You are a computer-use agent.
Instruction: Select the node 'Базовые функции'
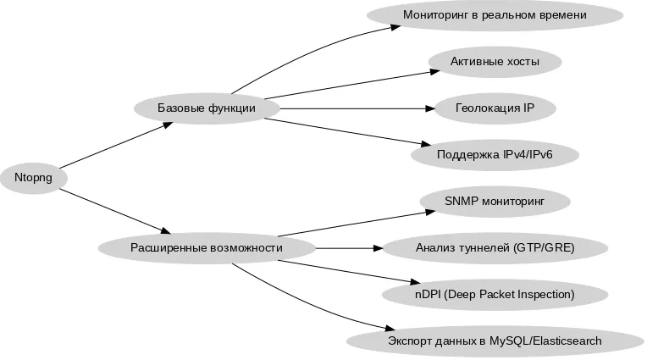(x=207, y=108)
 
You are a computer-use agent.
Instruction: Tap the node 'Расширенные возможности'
(x=207, y=247)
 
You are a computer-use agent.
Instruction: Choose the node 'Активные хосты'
(x=495, y=62)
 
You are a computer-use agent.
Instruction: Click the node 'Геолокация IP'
(x=495, y=108)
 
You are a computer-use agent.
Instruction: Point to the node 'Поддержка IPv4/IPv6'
(x=495, y=155)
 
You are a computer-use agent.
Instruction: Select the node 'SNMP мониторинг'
(x=495, y=202)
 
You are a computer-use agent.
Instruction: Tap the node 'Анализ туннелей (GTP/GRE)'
(x=495, y=247)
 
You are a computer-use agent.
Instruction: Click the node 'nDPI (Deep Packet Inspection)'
(x=495, y=294)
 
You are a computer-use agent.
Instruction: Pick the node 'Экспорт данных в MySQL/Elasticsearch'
(x=495, y=341)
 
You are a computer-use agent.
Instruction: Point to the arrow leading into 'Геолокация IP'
(x=356, y=108)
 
